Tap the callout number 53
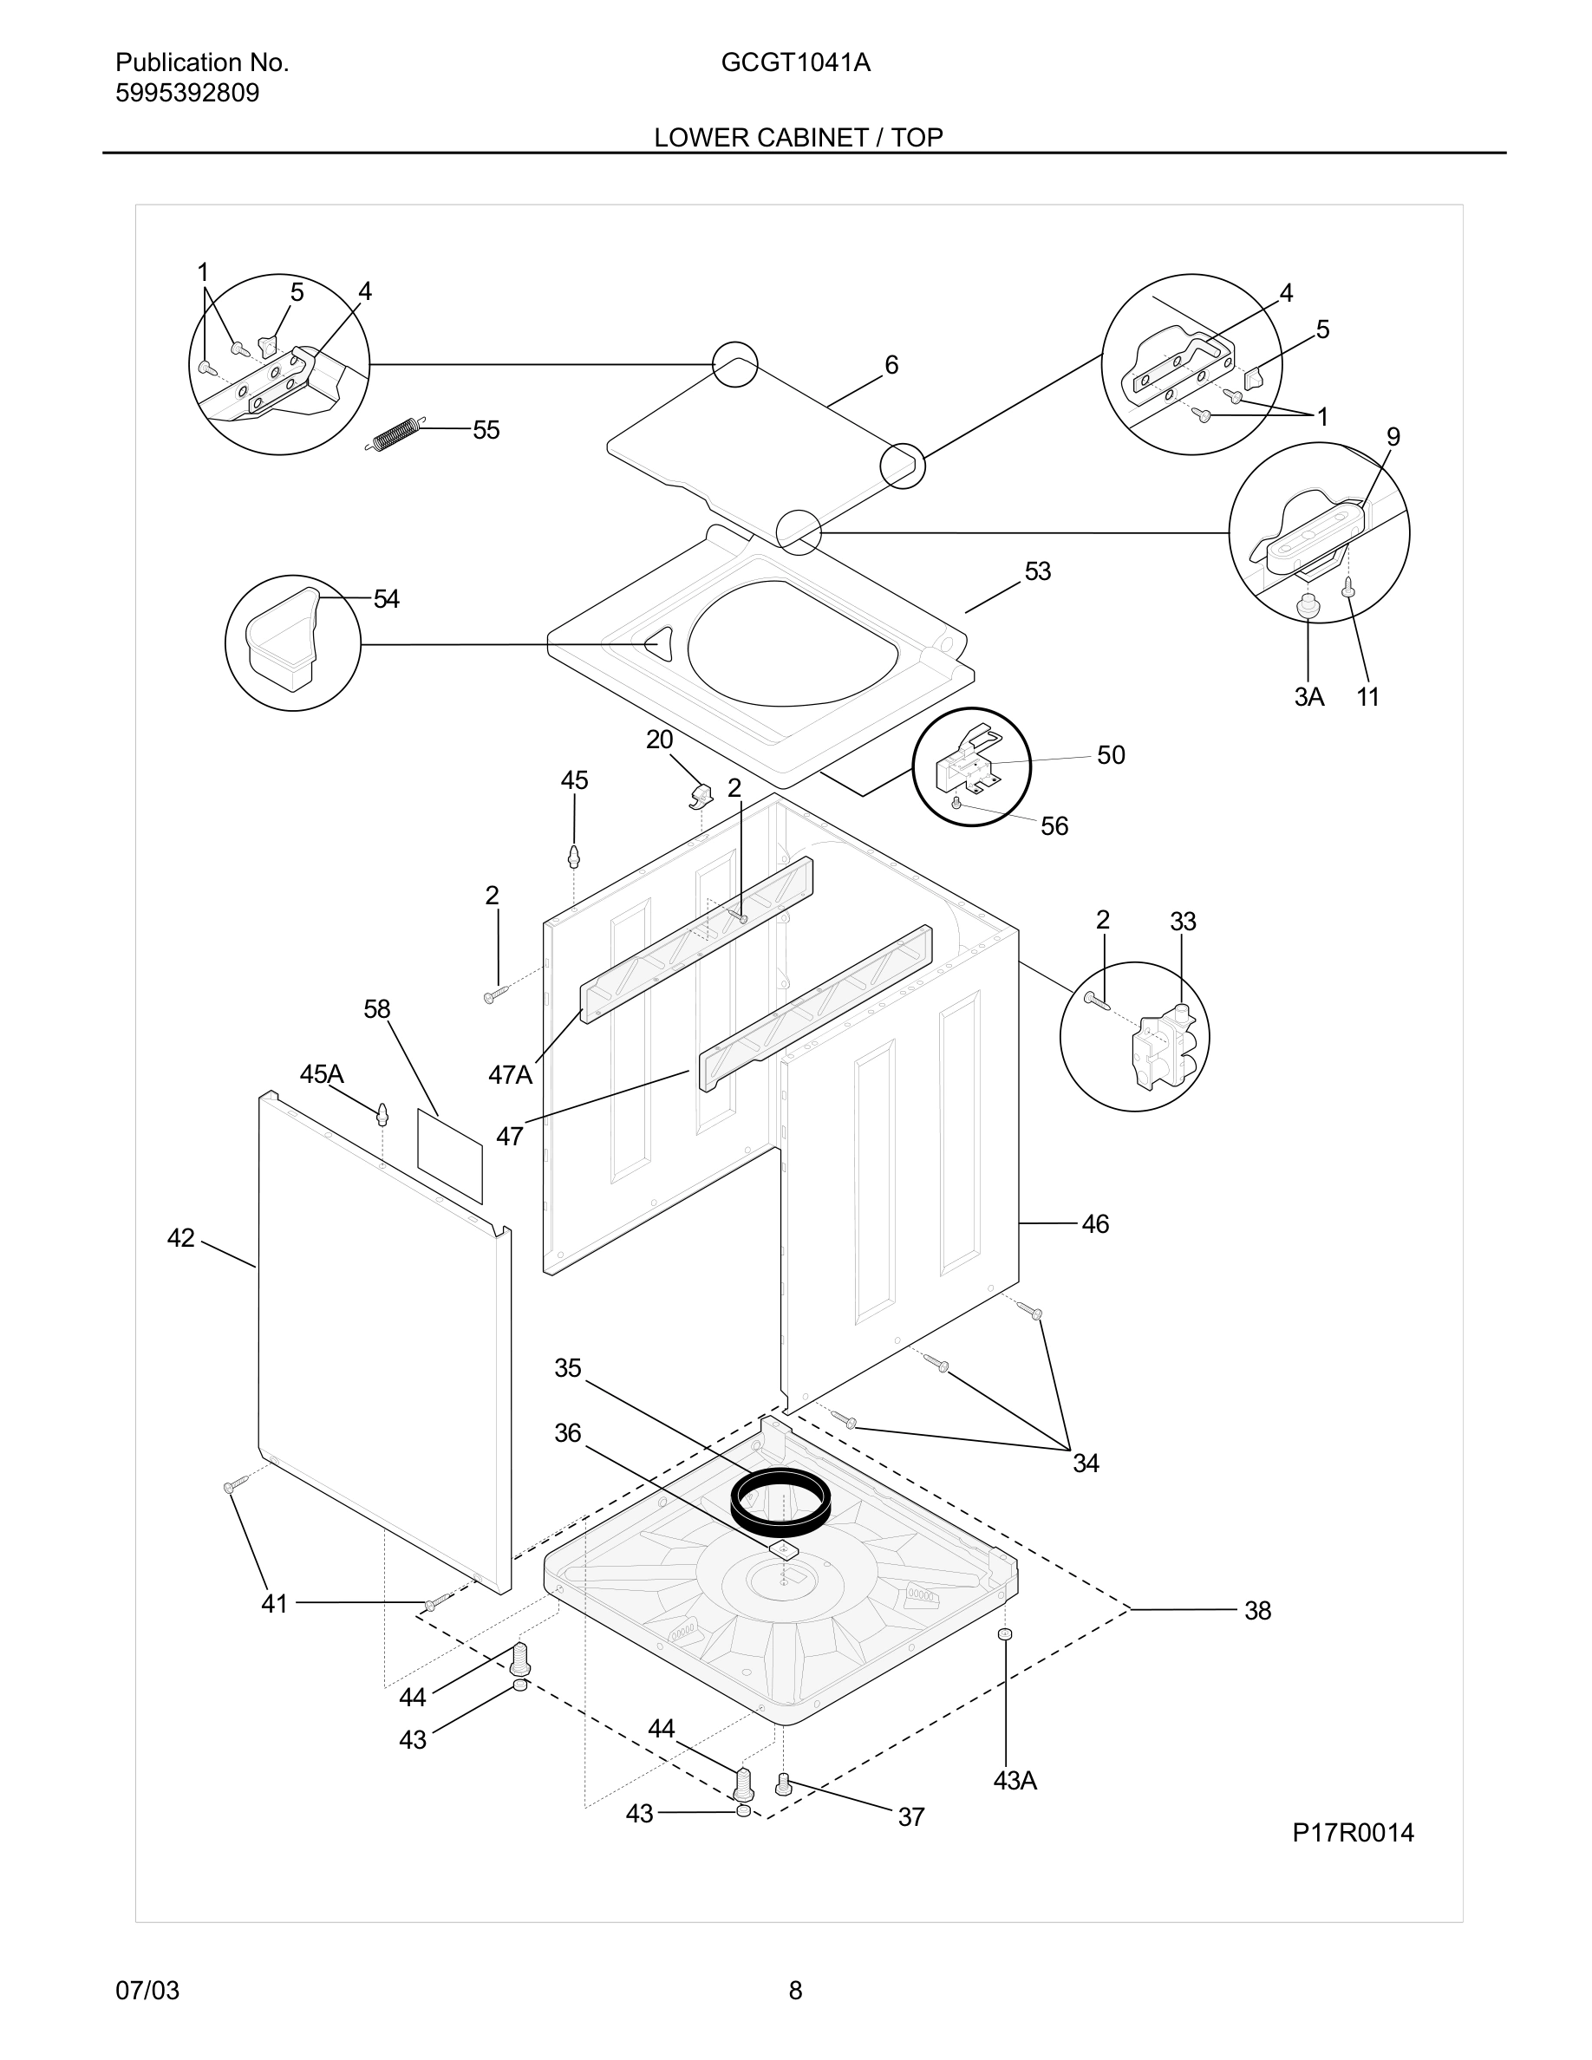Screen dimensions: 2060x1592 click(1037, 571)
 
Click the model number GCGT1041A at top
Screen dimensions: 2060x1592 click(795, 62)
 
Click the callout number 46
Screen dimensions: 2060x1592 click(1094, 1224)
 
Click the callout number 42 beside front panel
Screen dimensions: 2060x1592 click(180, 1237)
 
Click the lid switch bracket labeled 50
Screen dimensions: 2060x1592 click(964, 761)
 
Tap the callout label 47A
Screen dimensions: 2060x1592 click(510, 1074)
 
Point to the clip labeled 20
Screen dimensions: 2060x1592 click(699, 796)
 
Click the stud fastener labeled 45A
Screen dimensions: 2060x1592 click(382, 1114)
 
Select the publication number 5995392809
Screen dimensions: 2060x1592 click(186, 94)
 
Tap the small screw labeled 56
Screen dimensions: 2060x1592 click(956, 802)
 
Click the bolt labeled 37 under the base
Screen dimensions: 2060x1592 click(782, 1783)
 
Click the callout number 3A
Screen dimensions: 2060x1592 click(1308, 697)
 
